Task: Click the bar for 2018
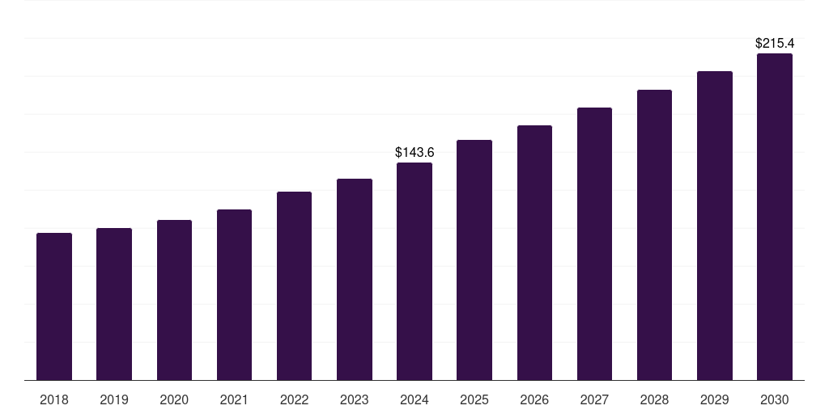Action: point(54,306)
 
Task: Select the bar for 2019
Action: point(114,304)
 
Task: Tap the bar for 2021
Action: point(234,294)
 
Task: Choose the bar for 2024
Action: point(414,271)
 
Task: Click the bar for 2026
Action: point(534,252)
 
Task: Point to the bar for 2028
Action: point(654,234)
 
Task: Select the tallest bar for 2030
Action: point(775,217)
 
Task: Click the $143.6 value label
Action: point(414,152)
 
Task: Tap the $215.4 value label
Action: point(775,43)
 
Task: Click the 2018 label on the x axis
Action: point(54,399)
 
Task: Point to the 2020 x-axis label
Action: point(174,399)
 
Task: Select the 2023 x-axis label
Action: point(354,399)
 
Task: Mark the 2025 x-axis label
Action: point(474,399)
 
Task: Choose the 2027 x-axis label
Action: point(594,399)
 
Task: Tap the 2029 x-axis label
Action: point(714,399)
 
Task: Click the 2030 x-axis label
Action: point(775,399)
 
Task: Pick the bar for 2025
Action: point(474,260)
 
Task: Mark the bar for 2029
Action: point(714,226)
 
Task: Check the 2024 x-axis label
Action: point(414,399)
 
